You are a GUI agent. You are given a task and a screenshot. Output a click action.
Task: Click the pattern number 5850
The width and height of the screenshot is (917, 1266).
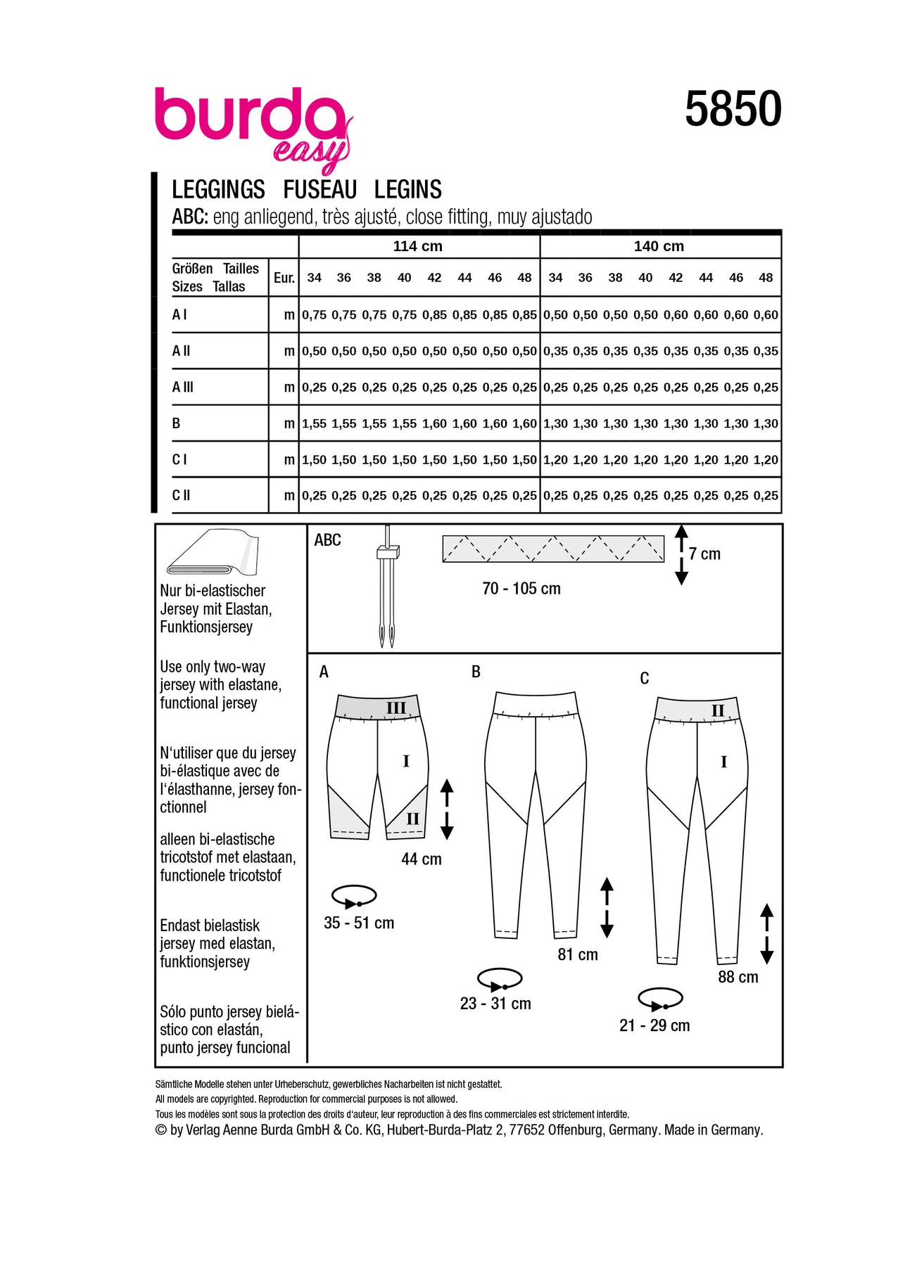pyautogui.click(x=733, y=110)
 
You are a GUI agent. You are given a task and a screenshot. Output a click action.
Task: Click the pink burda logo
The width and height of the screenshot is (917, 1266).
pyautogui.click(x=250, y=120)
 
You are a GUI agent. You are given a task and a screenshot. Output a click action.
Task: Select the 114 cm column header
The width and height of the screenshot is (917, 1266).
pyautogui.click(x=417, y=246)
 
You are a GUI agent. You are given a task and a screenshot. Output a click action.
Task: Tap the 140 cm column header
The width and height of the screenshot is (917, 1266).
pyautogui.click(x=659, y=246)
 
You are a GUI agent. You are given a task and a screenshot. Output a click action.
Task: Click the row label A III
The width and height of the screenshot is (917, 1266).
pyautogui.click(x=183, y=387)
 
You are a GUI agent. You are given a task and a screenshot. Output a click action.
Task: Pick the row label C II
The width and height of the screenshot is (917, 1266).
pyautogui.click(x=182, y=495)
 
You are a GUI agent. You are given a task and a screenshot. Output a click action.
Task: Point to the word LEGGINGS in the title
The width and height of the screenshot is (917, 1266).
pyautogui.click(x=218, y=190)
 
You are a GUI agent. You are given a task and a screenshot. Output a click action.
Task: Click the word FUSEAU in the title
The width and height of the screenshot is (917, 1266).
pyautogui.click(x=320, y=190)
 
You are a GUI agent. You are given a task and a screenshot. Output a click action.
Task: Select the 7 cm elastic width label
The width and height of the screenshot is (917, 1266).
pyautogui.click(x=704, y=554)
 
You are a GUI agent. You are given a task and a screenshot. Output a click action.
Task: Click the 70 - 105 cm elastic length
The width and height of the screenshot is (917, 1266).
pyautogui.click(x=521, y=589)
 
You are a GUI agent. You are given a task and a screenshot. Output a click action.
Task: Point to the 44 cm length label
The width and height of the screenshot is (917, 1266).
pyautogui.click(x=422, y=859)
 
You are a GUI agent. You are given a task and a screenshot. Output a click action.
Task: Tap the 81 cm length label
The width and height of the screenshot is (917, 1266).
pyautogui.click(x=578, y=954)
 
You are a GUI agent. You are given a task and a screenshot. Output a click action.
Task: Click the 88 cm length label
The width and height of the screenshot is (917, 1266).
pyautogui.click(x=738, y=977)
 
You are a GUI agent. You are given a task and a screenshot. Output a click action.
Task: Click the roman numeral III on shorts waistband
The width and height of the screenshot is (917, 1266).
pyautogui.click(x=396, y=708)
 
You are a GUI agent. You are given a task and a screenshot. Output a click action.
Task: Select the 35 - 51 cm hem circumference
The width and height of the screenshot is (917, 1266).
pyautogui.click(x=359, y=923)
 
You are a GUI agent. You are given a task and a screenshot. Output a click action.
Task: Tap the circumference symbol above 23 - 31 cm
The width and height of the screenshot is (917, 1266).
pyautogui.click(x=500, y=979)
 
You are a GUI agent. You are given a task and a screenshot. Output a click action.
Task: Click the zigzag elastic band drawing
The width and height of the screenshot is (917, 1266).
pyautogui.click(x=553, y=549)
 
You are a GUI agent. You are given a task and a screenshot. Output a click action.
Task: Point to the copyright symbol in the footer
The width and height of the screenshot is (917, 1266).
pyautogui.click(x=161, y=1130)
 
